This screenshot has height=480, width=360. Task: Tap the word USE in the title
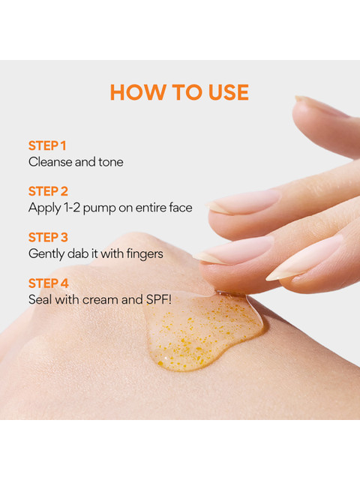tap(228, 92)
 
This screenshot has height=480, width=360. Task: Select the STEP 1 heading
tap(47, 145)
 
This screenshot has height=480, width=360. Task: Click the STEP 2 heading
tap(48, 191)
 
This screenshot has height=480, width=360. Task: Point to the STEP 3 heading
tap(48, 237)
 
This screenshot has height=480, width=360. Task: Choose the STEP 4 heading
tap(48, 283)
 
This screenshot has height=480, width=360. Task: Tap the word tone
tap(110, 162)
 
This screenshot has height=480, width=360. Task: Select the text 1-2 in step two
tap(72, 208)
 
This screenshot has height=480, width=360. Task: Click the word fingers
tap(145, 254)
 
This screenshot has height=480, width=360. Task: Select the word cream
tap(100, 300)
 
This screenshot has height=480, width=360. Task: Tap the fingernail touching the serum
tap(234, 250)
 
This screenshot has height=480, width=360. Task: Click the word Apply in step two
tap(45, 208)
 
